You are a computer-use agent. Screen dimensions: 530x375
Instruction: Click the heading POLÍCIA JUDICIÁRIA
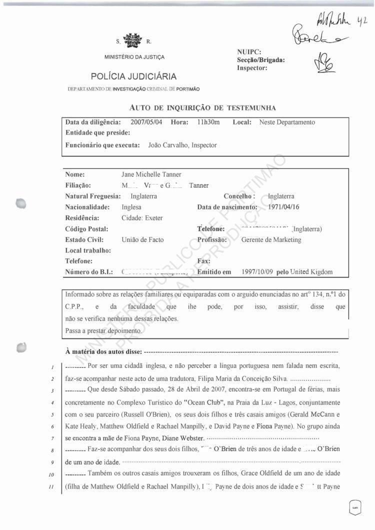point(133,76)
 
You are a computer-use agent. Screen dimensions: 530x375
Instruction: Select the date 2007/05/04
point(146,122)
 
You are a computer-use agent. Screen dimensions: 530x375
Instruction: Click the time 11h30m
point(208,122)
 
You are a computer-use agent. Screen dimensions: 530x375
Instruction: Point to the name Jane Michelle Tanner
point(151,174)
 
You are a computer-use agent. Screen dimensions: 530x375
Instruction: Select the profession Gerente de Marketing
point(271,239)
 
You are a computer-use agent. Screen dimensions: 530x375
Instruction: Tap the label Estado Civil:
point(84,239)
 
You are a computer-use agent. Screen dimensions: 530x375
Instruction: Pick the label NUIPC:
point(249,51)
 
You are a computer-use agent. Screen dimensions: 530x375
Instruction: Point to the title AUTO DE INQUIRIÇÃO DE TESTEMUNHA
point(202,107)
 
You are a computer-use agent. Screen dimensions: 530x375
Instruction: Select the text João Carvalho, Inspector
point(183,145)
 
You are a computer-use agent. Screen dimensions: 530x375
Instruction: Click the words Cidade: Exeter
point(142,218)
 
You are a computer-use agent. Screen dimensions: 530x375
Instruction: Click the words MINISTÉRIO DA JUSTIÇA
point(134,57)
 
